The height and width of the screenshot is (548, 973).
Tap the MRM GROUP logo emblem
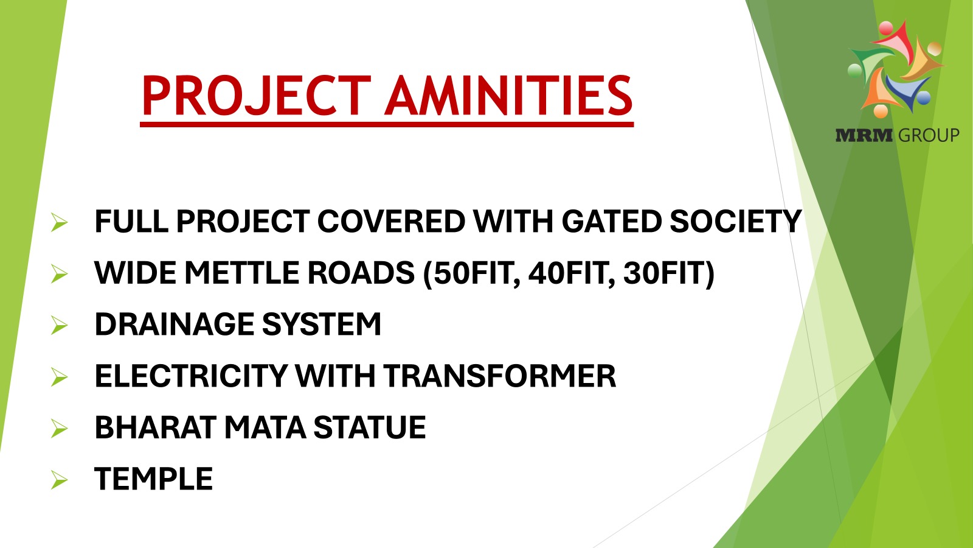point(896,69)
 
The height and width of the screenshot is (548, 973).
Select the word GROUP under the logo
point(929,135)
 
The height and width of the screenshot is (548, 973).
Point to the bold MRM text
point(864,135)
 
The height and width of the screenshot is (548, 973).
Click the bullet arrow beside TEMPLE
point(59,480)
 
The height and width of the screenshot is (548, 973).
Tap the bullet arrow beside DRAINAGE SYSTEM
point(59,325)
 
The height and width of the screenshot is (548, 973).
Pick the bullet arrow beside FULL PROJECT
point(59,222)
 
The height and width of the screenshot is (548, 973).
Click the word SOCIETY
point(735,222)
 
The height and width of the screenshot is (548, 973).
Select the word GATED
point(612,222)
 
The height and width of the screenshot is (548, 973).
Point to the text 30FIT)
point(669,273)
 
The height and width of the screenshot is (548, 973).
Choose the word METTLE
point(242,273)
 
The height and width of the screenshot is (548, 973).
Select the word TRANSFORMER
point(499,376)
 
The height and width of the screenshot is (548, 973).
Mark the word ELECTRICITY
point(191,376)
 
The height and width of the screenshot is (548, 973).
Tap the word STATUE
point(370,427)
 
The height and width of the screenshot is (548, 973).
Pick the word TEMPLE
point(153,479)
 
